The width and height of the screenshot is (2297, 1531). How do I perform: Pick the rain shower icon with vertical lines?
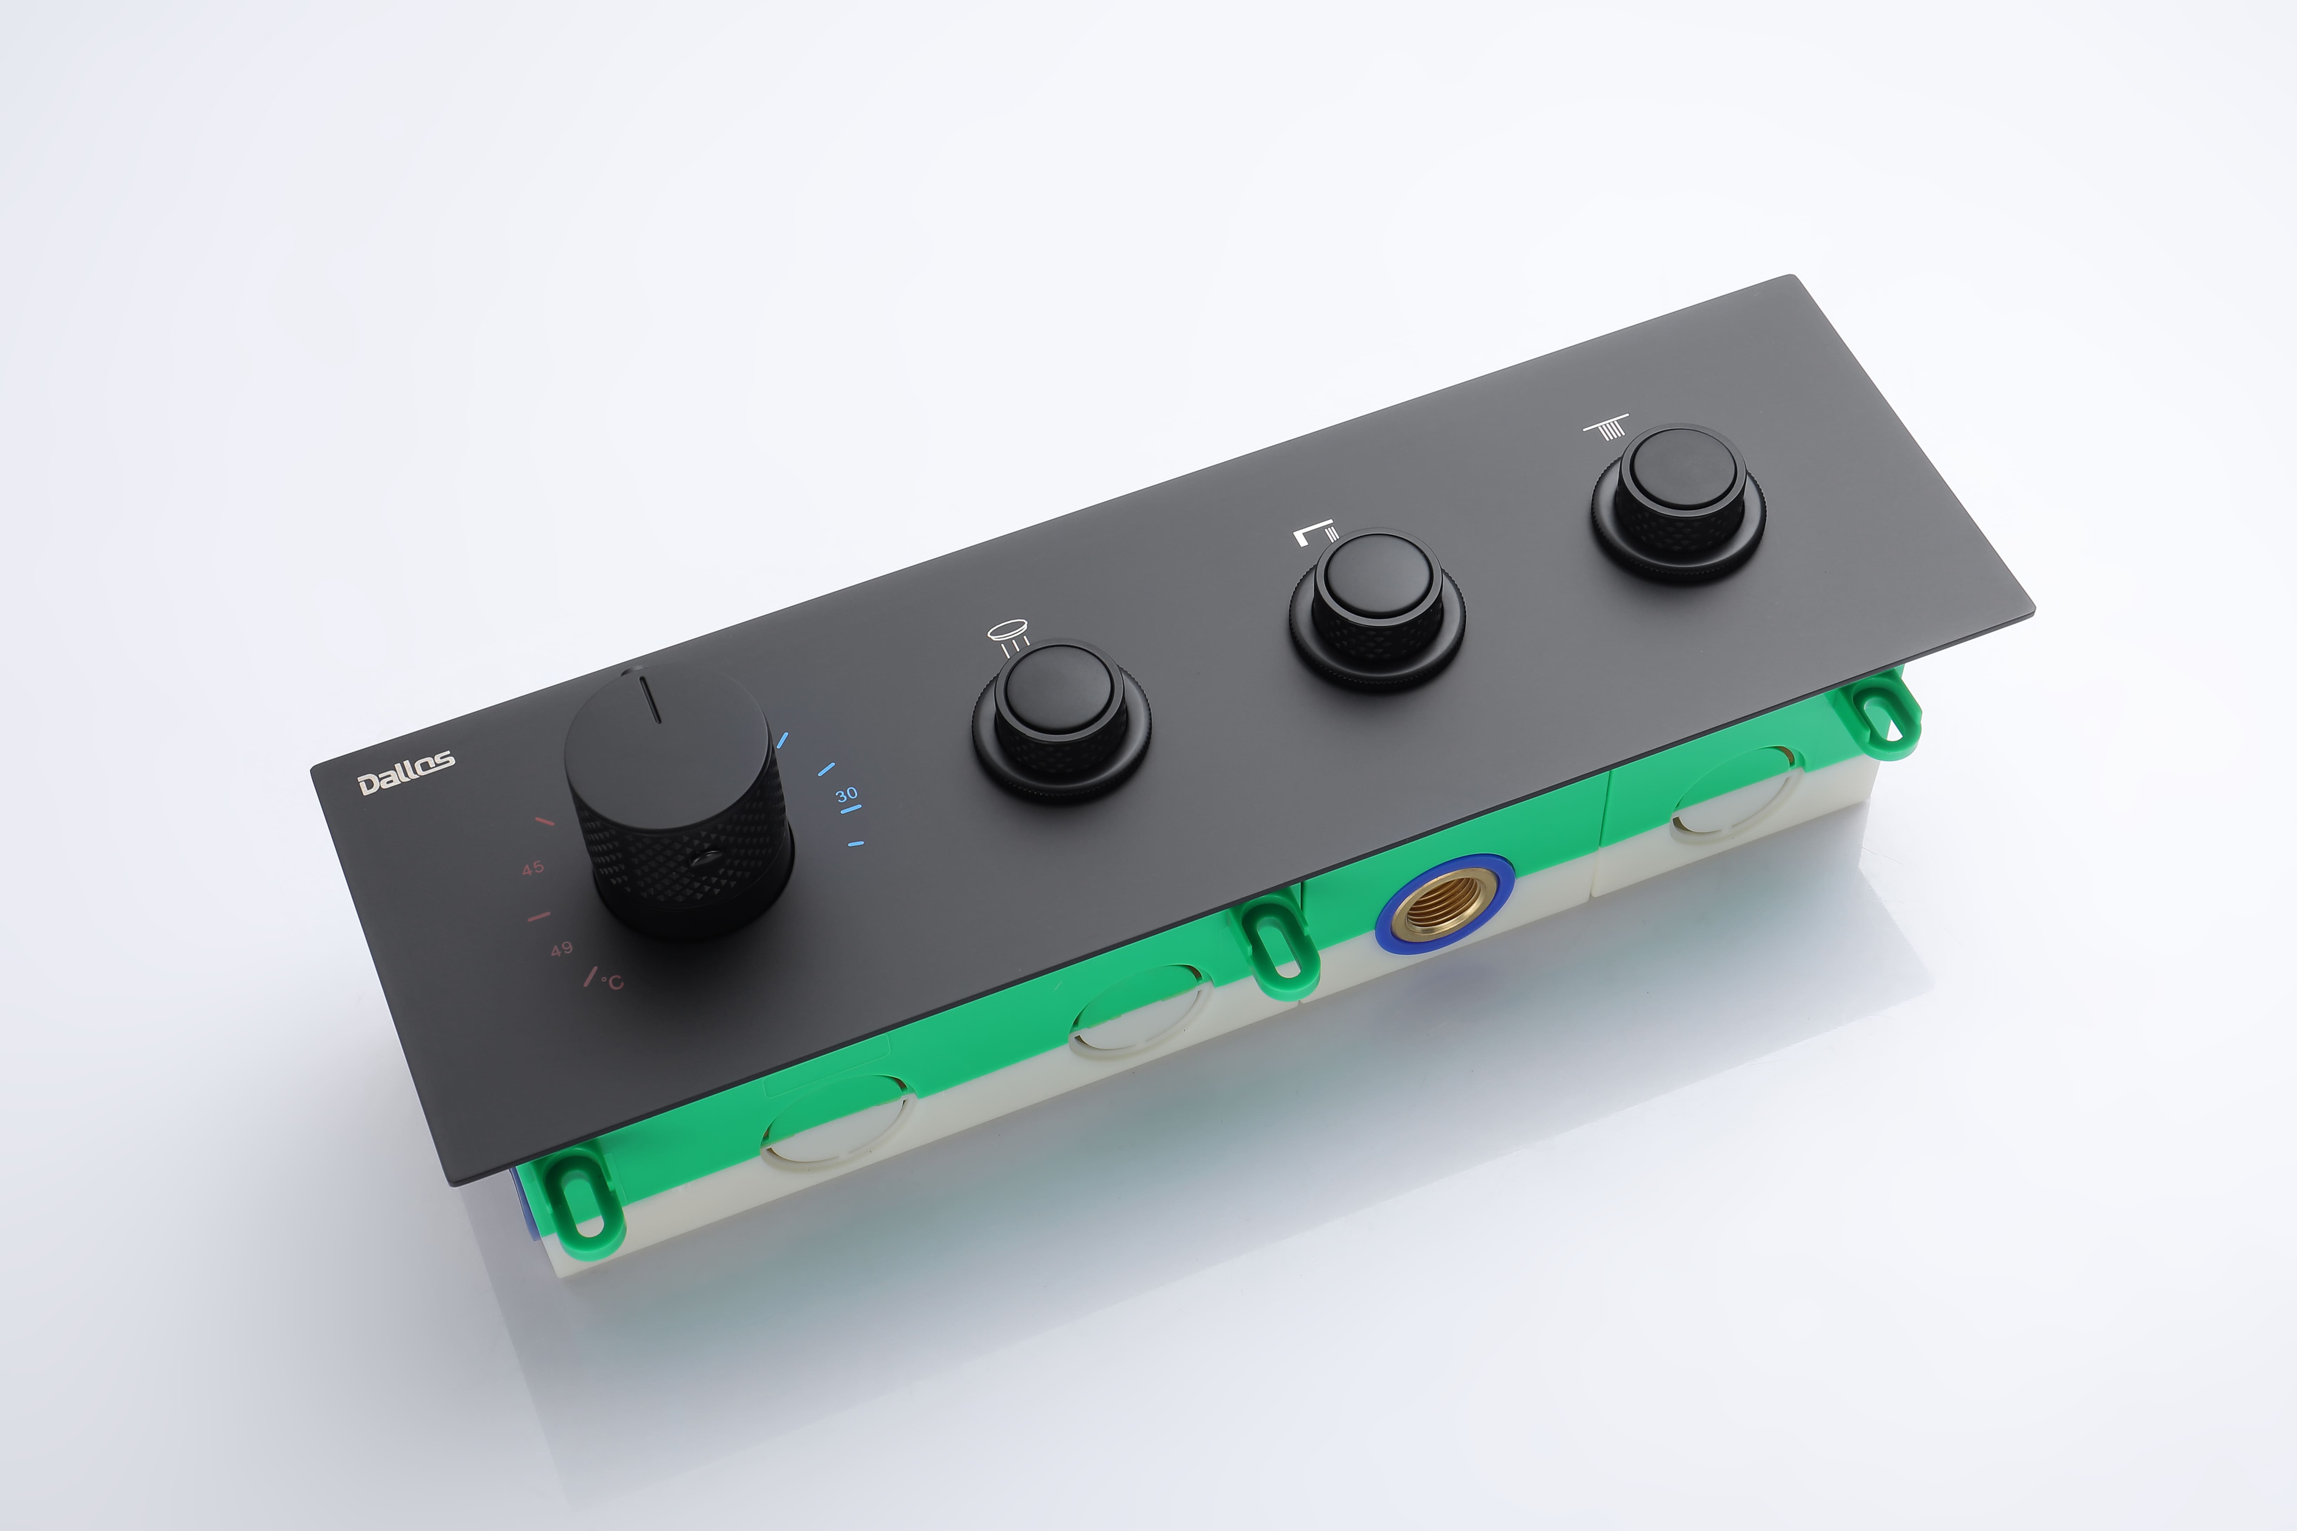tap(1606, 429)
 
